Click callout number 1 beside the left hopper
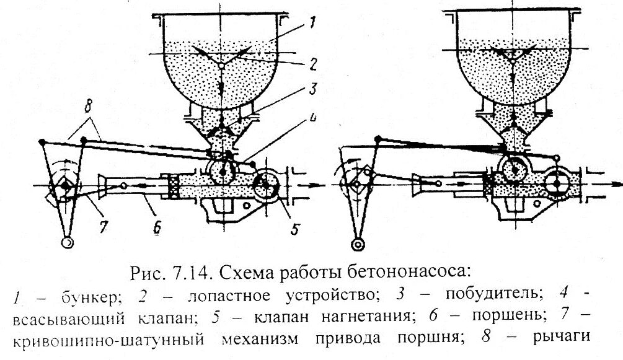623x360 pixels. [x=312, y=25]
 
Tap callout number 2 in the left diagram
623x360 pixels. [x=314, y=63]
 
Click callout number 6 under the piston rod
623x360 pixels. [x=157, y=230]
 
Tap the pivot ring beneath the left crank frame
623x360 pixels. [x=66, y=242]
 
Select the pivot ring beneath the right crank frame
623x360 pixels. [x=358, y=244]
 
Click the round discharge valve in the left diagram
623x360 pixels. [x=267, y=184]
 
